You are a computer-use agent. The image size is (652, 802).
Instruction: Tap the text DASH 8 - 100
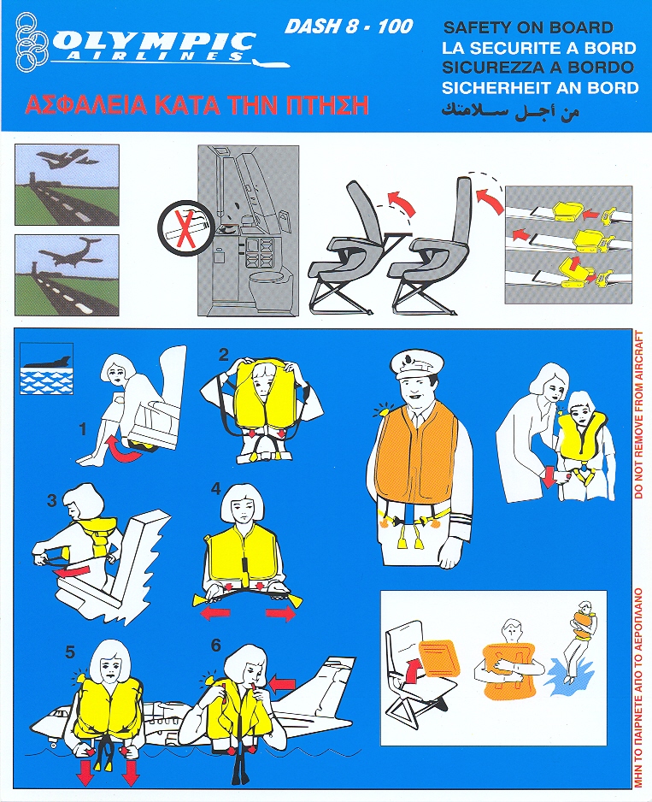349,27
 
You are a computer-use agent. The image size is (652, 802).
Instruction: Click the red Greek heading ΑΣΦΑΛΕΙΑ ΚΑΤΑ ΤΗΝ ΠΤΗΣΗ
197,105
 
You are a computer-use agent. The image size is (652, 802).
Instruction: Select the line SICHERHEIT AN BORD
540,87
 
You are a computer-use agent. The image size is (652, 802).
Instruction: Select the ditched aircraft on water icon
46,369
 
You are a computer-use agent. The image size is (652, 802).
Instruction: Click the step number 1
83,428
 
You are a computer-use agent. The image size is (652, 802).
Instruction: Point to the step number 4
216,489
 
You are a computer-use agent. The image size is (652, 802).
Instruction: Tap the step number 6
216,645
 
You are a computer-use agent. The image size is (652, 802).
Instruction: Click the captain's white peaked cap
416,363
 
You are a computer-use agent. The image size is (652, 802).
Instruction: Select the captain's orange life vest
416,455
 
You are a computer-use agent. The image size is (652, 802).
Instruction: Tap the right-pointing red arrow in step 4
280,613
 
